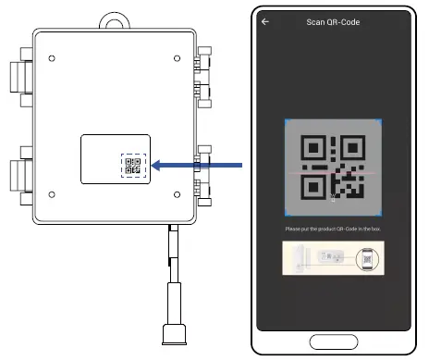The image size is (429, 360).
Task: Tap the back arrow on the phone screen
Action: tap(266, 21)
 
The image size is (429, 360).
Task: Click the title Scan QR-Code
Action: tap(333, 21)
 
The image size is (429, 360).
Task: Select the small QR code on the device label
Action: tap(132, 166)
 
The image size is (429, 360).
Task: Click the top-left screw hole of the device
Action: tap(51, 58)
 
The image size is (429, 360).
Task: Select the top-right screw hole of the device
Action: tap(177, 58)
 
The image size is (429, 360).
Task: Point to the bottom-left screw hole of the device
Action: tap(51, 194)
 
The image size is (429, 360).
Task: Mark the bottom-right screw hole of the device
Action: tap(177, 194)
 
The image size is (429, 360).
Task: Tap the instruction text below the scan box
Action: tap(333, 229)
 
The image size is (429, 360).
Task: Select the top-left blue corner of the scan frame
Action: tap(287, 122)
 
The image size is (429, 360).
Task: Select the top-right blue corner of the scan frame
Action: tap(379, 122)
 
